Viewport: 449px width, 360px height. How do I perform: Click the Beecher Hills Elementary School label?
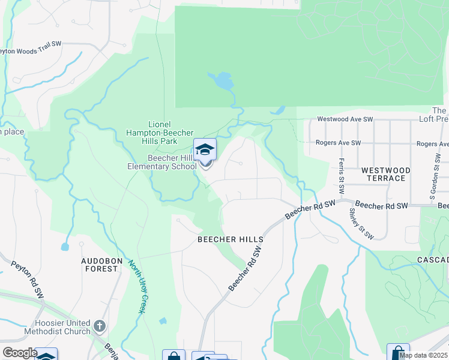(x=172, y=162)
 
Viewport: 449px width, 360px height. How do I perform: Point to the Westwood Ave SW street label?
(x=341, y=119)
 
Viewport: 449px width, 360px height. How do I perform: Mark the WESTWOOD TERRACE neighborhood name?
(x=386, y=175)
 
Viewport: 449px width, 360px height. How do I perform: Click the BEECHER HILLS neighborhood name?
(x=231, y=239)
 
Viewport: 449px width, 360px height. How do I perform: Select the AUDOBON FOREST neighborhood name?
(x=101, y=265)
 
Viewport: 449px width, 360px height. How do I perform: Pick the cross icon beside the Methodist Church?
(x=100, y=328)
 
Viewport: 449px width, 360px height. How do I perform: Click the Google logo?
(x=19, y=353)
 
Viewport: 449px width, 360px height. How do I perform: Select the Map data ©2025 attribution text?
(x=423, y=355)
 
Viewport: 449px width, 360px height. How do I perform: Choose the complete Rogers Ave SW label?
(x=339, y=143)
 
